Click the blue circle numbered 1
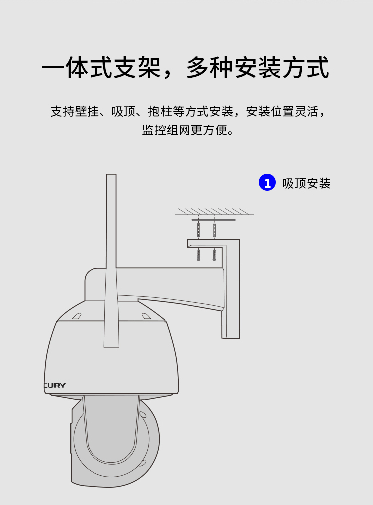pyautogui.click(x=267, y=182)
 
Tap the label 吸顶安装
pyautogui.click(x=306, y=183)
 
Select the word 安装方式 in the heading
pyautogui.click(x=282, y=67)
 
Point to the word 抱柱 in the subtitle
pyautogui.click(x=160, y=112)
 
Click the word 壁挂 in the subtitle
pyautogui.click(x=87, y=112)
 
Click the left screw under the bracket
pyautogui.click(x=199, y=254)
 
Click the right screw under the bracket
pyautogui.click(x=214, y=254)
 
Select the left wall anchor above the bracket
pyautogui.click(x=199, y=230)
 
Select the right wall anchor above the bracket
pyautogui.click(x=214, y=230)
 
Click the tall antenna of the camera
pyautogui.click(x=111, y=260)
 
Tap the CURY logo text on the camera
pyautogui.click(x=55, y=385)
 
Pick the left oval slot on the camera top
pyautogui.click(x=76, y=316)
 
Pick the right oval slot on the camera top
pyautogui.click(x=146, y=316)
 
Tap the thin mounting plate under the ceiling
pyautogui.click(x=213, y=220)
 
